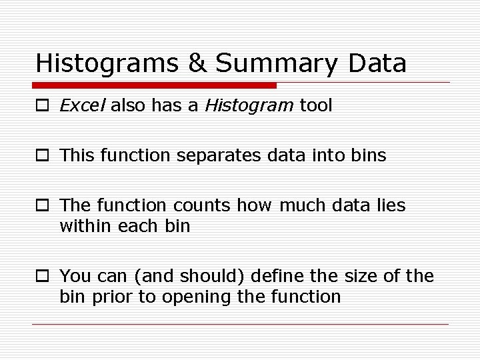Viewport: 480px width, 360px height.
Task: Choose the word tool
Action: [x=316, y=105]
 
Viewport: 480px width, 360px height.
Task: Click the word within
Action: [x=85, y=226]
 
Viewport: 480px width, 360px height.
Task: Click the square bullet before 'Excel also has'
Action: [x=42, y=106]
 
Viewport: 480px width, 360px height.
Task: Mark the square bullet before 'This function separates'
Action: [x=42, y=156]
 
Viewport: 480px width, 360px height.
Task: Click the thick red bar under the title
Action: [x=154, y=85]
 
